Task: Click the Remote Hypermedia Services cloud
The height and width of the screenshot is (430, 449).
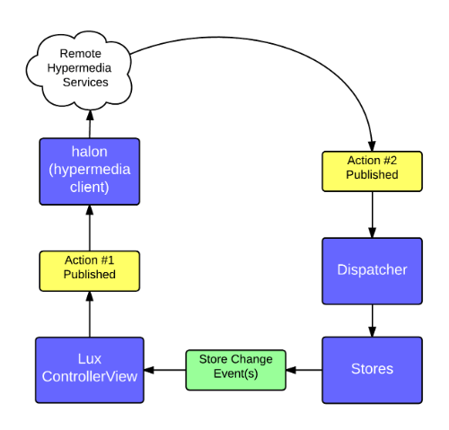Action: pos(80,68)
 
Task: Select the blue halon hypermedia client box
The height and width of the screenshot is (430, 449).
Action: pos(90,171)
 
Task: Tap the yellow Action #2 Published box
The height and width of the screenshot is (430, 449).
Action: pos(372,171)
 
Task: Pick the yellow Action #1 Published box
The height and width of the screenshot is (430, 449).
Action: pos(90,270)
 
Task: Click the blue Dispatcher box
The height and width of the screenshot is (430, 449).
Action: pos(372,270)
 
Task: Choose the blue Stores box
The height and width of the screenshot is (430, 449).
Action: pos(372,369)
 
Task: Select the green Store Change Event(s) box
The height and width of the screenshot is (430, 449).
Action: pos(235,369)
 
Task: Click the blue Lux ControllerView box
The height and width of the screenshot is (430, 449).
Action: pos(90,369)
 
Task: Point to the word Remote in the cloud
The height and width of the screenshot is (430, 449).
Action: pos(80,54)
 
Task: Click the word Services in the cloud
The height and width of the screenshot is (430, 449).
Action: pos(85,83)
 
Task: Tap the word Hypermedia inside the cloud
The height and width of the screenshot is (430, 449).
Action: pos(80,68)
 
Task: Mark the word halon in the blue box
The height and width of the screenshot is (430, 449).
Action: pos(90,152)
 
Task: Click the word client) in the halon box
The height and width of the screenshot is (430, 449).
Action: pos(90,188)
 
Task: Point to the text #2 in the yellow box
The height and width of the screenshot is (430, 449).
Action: pos(389,161)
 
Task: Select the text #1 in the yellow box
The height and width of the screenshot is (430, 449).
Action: pos(106,260)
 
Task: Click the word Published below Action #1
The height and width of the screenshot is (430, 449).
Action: pos(90,275)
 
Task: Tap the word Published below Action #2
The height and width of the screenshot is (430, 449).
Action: pos(372,175)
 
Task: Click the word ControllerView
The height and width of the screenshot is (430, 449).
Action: pos(90,377)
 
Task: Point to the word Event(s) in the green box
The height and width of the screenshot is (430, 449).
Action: pos(235,373)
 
